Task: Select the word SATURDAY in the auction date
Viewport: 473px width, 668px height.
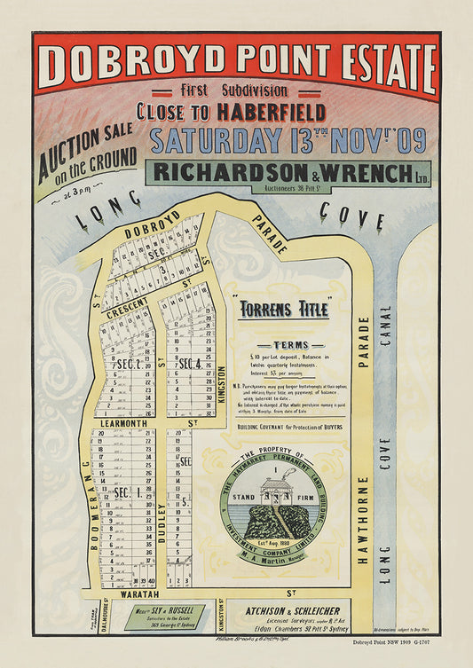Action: tap(211, 140)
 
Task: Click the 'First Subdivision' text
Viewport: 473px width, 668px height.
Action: tap(233, 90)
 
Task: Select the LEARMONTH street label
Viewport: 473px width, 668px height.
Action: tap(131, 423)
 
